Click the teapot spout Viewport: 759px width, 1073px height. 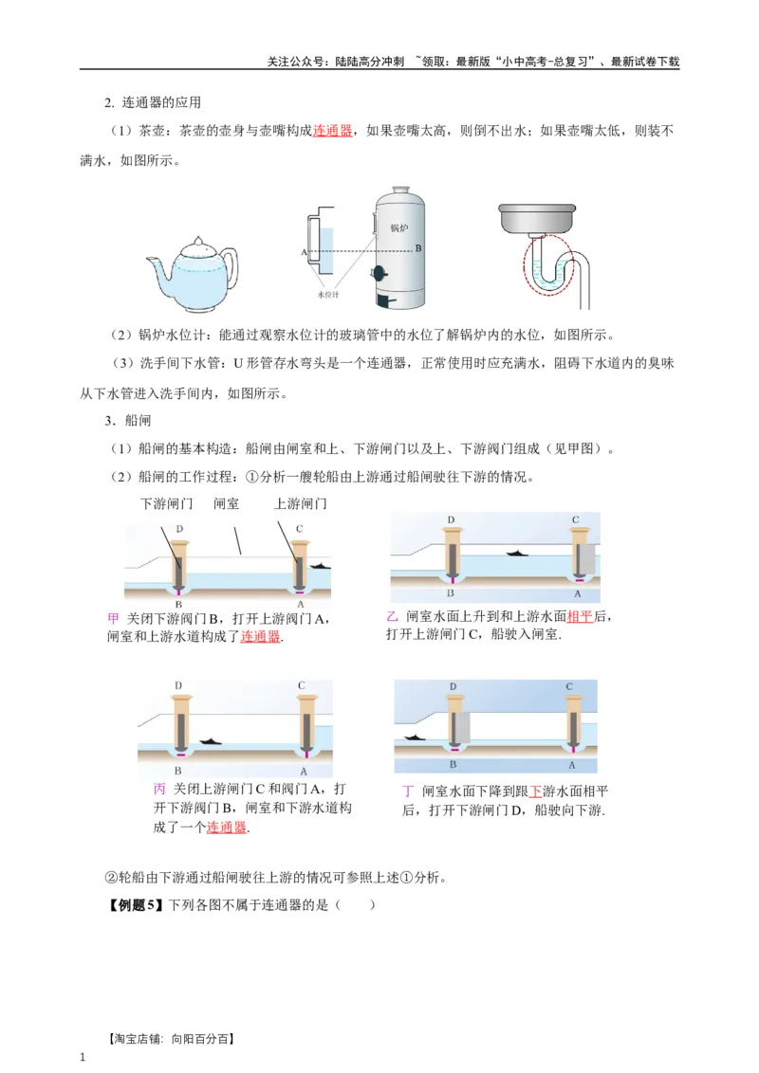154,262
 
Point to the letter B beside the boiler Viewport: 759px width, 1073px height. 418,248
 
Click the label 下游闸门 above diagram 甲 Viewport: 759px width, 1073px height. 166,504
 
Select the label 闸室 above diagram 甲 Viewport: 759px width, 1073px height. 226,504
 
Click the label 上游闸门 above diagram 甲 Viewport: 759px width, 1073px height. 301,504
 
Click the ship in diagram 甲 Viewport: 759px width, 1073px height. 320,566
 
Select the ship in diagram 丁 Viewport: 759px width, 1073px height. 414,736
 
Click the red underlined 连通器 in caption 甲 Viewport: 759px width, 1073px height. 261,637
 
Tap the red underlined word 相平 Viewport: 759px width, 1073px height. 580,617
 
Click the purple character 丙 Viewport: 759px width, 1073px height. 158,790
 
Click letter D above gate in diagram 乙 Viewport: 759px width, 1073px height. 451,520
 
